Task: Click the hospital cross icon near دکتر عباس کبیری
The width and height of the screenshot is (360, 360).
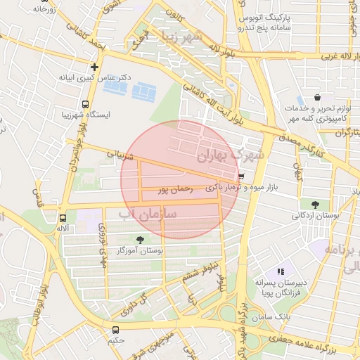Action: pyautogui.click(x=94, y=67)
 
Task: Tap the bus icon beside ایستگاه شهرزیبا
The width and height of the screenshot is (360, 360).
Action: pyautogui.click(x=85, y=104)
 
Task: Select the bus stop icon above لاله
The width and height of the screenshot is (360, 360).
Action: pyautogui.click(x=63, y=219)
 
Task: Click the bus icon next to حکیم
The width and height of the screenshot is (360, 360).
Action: pyautogui.click(x=115, y=329)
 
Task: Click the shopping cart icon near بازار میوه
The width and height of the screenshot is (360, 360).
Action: pyautogui.click(x=242, y=177)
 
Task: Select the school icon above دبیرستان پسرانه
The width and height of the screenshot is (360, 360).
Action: pyautogui.click(x=280, y=271)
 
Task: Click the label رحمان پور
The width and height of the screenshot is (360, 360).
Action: pyautogui.click(x=175, y=188)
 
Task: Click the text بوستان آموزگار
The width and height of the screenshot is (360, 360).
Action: pyautogui.click(x=142, y=251)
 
